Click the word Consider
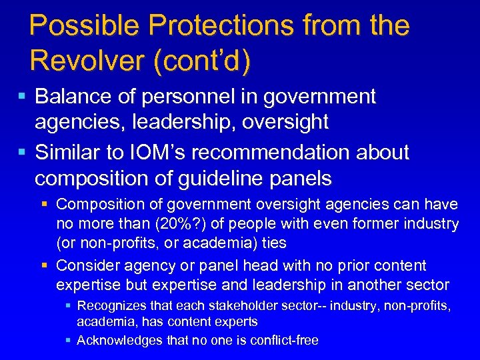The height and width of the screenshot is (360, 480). pos(88,265)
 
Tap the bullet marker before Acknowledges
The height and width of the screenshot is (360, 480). pos(69,340)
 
